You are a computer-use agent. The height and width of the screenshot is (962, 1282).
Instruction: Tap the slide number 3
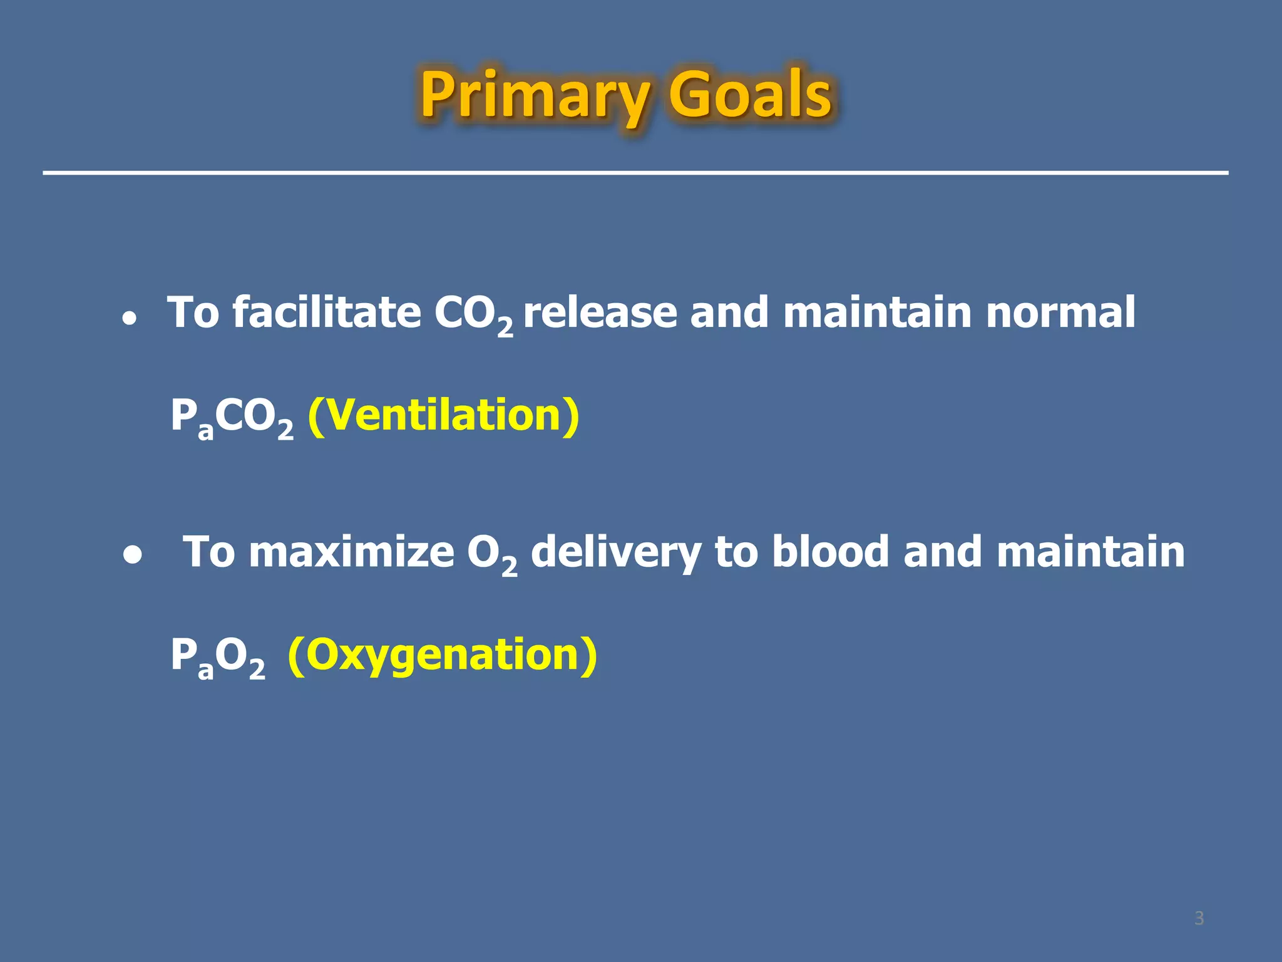point(1199,918)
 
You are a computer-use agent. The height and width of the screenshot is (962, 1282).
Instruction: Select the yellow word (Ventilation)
point(443,415)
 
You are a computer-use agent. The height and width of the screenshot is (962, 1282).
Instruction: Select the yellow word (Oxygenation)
point(442,654)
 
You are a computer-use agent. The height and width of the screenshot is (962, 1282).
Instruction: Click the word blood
point(829,552)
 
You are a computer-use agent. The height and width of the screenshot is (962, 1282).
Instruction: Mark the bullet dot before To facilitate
point(130,318)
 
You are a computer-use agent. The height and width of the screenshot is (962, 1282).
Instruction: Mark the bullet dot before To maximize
point(132,555)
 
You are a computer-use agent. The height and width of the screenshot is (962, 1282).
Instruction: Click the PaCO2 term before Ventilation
point(232,418)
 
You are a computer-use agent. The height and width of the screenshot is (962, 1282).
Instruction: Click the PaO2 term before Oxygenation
point(218,657)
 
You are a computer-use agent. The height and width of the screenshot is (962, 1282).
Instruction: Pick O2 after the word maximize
point(492,554)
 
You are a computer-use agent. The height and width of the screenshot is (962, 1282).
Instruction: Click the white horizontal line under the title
point(635,172)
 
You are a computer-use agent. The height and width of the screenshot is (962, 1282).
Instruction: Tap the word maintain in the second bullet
point(1090,552)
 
